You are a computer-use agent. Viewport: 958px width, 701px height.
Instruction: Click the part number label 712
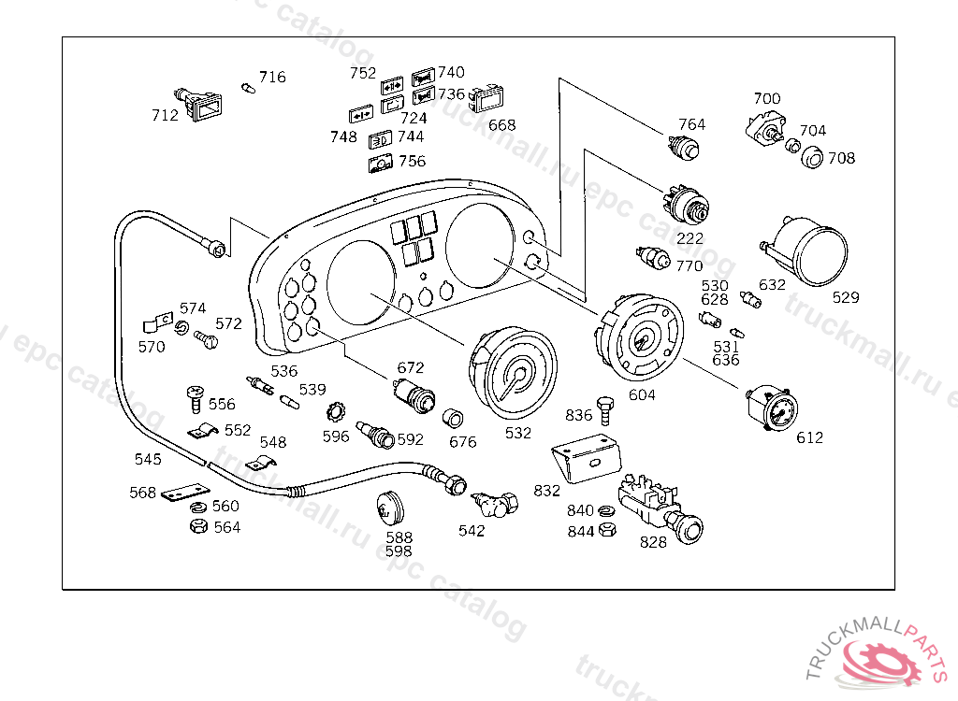click(x=165, y=116)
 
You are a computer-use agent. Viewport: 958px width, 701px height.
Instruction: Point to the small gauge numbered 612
click(x=775, y=408)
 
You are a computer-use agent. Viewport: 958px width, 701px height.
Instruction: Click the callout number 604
click(x=642, y=395)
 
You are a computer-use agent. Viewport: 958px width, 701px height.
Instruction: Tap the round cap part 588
click(x=389, y=508)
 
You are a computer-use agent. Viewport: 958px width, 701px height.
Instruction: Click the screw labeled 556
click(x=196, y=399)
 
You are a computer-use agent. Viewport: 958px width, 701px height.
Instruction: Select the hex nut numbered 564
click(x=197, y=526)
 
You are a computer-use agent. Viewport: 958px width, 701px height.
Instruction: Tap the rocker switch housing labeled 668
click(x=486, y=101)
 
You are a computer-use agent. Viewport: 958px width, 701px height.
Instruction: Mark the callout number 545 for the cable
click(x=148, y=459)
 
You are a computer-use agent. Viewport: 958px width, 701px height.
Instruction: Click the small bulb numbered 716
click(x=248, y=88)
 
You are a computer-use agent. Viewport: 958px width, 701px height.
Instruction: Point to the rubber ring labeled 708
click(x=812, y=157)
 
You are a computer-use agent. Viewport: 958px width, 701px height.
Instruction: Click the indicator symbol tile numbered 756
click(x=381, y=165)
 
